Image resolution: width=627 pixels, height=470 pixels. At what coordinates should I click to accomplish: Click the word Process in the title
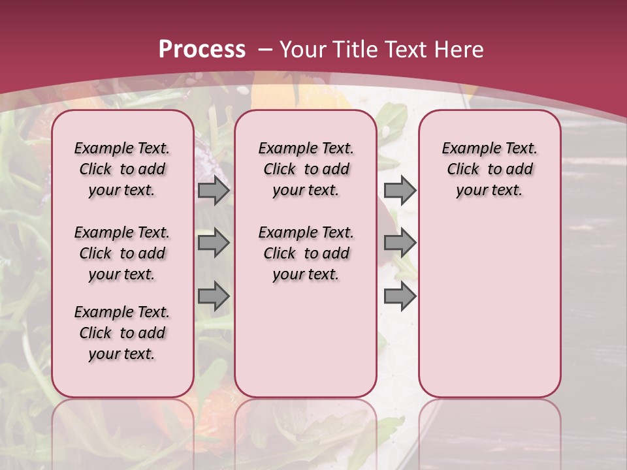pyautogui.click(x=202, y=49)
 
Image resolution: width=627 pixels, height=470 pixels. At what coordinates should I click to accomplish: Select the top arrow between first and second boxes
pyautogui.click(x=214, y=190)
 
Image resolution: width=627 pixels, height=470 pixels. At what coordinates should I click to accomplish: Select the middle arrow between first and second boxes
pyautogui.click(x=214, y=243)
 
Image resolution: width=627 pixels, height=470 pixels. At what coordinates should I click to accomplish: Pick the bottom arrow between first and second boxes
pyautogui.click(x=214, y=296)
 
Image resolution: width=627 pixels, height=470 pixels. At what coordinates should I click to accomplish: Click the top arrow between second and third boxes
pyautogui.click(x=400, y=190)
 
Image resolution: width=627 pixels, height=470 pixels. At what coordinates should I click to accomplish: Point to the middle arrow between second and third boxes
pyautogui.click(x=400, y=243)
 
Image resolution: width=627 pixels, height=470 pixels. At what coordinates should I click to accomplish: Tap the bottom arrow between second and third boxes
pyautogui.click(x=400, y=296)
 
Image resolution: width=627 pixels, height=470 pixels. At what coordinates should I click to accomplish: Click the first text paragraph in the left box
pyautogui.click(x=122, y=169)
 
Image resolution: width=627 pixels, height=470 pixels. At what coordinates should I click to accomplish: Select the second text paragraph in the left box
pyautogui.click(x=122, y=253)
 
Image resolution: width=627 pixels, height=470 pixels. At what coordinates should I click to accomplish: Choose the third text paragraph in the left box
pyautogui.click(x=122, y=333)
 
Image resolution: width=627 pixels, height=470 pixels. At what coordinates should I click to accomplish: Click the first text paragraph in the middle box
pyautogui.click(x=306, y=169)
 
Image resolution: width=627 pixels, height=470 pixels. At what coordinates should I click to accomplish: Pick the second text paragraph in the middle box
pyautogui.click(x=306, y=253)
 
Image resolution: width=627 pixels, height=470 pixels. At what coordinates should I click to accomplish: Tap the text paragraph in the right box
pyautogui.click(x=490, y=169)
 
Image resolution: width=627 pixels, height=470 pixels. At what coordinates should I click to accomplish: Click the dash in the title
pyautogui.click(x=266, y=49)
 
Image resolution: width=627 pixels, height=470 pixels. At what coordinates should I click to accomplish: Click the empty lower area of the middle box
pyautogui.click(x=306, y=339)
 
